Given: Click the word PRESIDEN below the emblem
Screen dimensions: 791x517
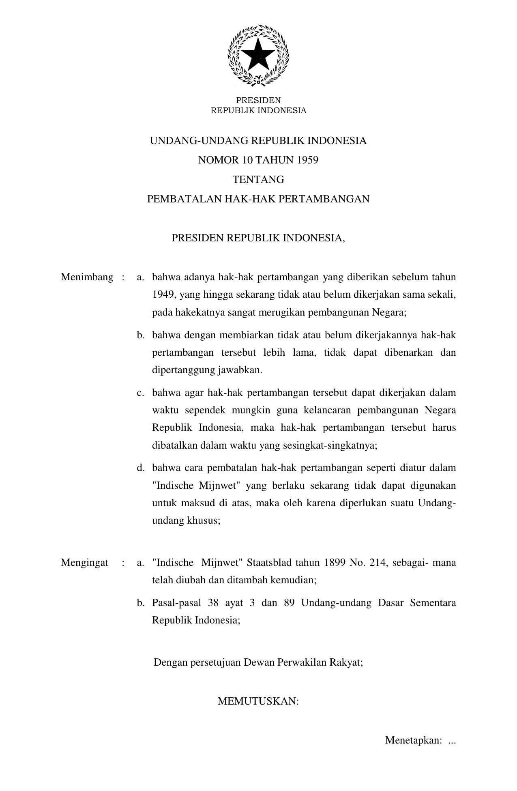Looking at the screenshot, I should (x=258, y=100).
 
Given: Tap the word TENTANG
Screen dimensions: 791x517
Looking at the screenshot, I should (x=258, y=180).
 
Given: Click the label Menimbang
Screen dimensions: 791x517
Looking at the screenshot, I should (x=87, y=277).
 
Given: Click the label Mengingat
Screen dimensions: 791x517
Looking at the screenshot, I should (x=84, y=563).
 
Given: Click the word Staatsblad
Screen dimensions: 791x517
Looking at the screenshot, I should (x=269, y=563).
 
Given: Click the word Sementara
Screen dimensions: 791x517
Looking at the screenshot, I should (x=433, y=603).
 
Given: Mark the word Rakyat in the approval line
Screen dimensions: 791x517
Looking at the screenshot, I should (x=346, y=663).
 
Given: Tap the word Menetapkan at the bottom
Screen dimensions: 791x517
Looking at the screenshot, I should (x=413, y=740).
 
